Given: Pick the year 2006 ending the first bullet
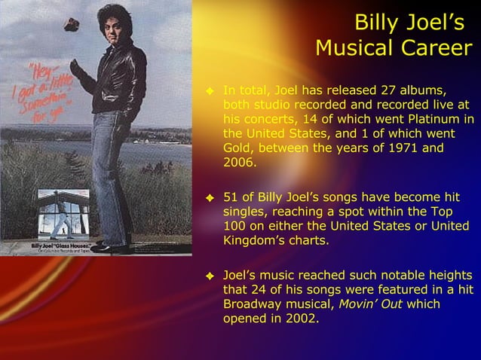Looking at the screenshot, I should tap(239, 163).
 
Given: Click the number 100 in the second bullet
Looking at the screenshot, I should tap(235, 227).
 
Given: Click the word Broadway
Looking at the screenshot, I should tap(252, 304).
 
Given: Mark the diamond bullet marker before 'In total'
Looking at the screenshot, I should tap(211, 92).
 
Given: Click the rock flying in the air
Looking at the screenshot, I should tap(72, 24).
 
